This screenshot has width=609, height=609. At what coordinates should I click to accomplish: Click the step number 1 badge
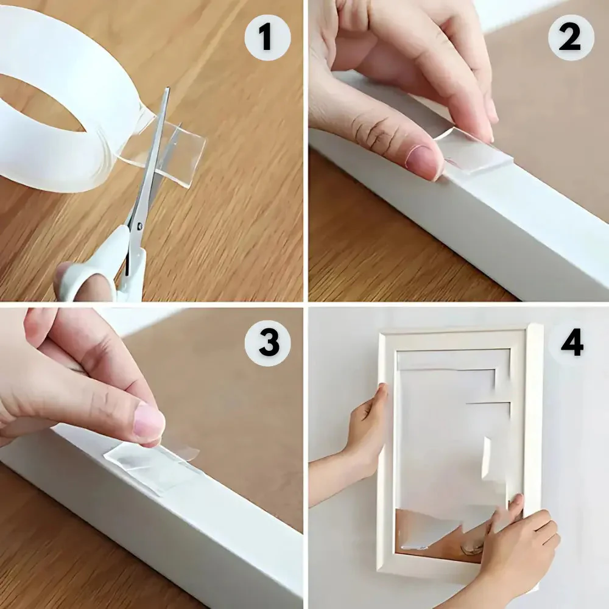coord(266,38)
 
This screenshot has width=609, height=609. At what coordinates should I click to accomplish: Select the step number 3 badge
coord(268,342)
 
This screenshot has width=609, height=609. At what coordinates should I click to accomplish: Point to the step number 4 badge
coord(571,343)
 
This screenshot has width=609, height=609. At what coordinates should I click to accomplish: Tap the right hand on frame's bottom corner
coord(524,542)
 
